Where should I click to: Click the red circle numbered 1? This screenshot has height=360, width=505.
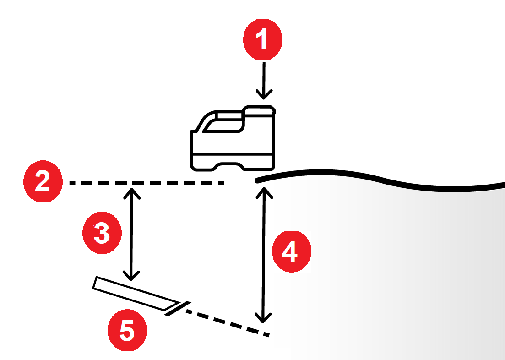tap(263, 40)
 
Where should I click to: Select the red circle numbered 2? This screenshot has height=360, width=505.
tap(43, 181)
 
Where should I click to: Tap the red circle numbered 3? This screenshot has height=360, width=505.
tap(102, 233)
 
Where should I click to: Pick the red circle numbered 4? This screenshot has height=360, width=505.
tap(292, 251)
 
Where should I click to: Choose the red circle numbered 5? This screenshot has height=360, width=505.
tap(127, 330)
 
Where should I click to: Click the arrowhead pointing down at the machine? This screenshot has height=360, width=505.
tap(264, 94)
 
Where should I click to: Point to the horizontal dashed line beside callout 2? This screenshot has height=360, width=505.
tap(147, 183)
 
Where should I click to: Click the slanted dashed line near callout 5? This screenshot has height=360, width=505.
tap(228, 323)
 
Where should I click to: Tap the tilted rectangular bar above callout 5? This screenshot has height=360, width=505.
tap(136, 293)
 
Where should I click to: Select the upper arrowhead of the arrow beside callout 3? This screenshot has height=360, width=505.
tap(132, 193)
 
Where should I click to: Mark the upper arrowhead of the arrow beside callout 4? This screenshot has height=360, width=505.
tap(265, 192)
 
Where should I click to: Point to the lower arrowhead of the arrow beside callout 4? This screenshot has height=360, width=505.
tap(263, 318)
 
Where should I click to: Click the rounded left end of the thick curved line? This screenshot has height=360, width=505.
tap(257, 180)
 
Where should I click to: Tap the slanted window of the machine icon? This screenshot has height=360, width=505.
tap(223, 125)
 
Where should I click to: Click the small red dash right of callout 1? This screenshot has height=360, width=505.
tap(350, 43)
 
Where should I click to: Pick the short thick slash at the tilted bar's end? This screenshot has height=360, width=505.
tap(178, 309)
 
